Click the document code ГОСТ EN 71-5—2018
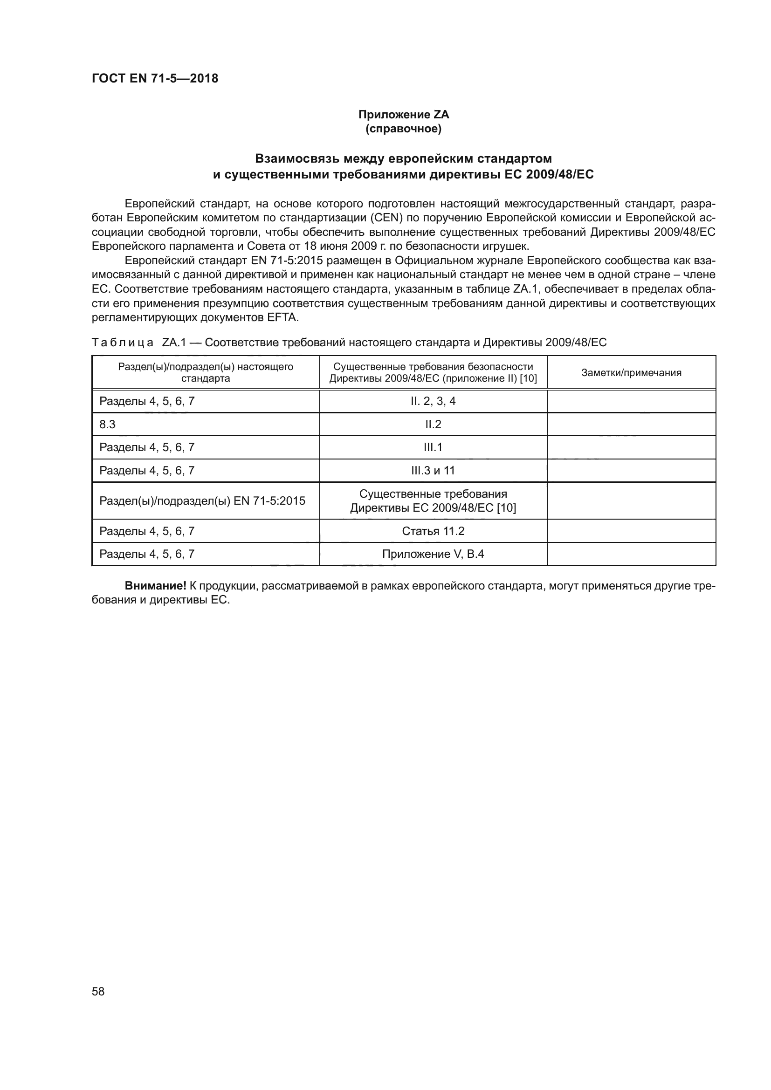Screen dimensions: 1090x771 pos(155,78)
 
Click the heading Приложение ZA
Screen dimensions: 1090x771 pos(403,115)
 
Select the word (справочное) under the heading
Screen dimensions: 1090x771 pos(403,129)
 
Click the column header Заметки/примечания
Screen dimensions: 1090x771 pos(631,373)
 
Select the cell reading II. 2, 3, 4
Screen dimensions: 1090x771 pos(433,401)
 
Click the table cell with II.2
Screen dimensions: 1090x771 pos(433,425)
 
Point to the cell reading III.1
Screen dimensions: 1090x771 pos(433,447)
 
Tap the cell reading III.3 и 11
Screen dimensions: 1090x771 pos(433,471)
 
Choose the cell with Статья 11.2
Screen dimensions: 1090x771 pos(433,531)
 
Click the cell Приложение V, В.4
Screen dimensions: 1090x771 pos(433,554)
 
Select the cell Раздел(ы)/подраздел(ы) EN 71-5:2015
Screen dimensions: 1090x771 pos(202,501)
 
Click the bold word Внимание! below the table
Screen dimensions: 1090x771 pos(155,586)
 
